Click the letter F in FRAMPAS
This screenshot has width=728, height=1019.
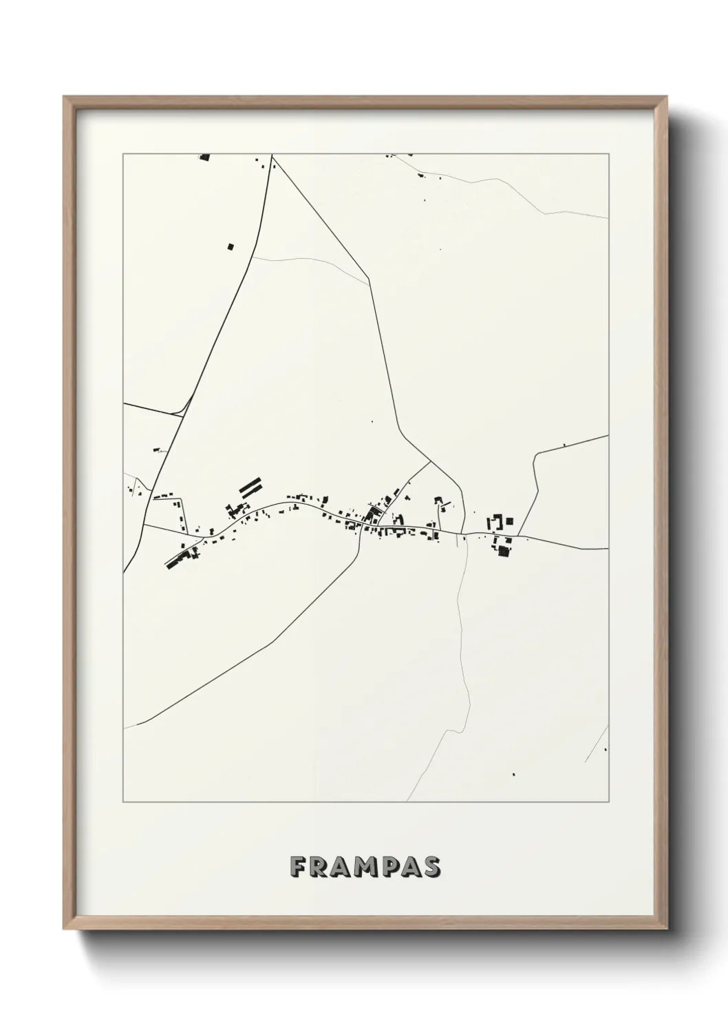pos(298,867)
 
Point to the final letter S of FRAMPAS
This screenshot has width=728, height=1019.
pos(431,867)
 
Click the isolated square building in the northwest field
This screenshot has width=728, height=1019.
pos(231,245)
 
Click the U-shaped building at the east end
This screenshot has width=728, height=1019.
pos(495,523)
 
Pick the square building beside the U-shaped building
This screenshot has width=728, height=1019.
pos(509,521)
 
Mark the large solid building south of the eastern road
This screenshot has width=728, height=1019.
pos(504,550)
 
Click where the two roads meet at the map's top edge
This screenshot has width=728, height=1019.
pos(272,156)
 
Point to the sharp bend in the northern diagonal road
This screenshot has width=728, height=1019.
pos(370,278)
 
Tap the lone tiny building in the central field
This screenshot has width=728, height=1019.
pos(372,421)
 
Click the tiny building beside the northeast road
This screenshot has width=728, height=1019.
pos(564,445)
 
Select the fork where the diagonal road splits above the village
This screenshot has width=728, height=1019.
pos(430,461)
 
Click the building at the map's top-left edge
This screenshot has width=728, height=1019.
pos(204,158)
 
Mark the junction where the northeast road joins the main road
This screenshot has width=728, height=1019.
pos(519,536)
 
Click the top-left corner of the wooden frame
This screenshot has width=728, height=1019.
pos(65,98)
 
